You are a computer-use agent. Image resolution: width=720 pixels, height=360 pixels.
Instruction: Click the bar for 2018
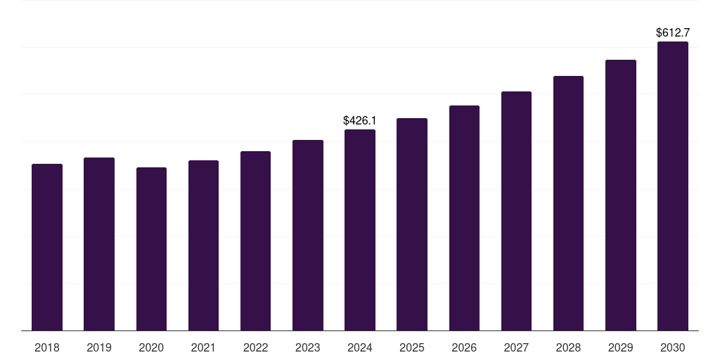tap(47, 247)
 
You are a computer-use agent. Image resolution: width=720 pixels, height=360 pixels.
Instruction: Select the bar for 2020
tap(151, 249)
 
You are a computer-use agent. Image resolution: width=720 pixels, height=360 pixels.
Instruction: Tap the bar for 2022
tap(255, 240)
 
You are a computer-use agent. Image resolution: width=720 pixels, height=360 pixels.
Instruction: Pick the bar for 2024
tap(359, 230)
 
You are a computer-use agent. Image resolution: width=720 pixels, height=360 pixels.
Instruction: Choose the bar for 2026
tap(464, 218)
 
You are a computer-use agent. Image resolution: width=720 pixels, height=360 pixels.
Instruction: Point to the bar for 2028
tap(568, 203)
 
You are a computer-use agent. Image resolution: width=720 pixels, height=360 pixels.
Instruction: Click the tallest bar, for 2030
tap(672, 186)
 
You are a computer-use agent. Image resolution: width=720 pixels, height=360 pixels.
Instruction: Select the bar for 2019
tap(99, 244)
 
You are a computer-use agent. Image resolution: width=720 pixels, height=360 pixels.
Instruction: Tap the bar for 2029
tap(620, 195)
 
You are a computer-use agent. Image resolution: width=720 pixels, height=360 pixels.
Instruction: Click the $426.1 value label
tap(359, 121)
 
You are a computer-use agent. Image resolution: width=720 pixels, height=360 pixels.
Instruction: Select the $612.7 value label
tap(672, 33)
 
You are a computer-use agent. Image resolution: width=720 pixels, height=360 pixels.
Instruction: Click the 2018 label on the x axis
tap(47, 347)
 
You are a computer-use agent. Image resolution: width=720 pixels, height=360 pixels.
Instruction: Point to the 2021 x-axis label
tap(203, 347)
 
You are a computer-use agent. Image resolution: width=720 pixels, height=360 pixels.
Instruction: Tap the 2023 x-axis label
tap(307, 347)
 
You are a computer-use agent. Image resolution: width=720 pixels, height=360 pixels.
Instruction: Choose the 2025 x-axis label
tap(411, 347)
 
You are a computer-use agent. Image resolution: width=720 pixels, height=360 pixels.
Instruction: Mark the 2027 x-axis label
tap(516, 347)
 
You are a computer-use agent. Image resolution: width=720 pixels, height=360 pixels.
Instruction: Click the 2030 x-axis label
tap(672, 347)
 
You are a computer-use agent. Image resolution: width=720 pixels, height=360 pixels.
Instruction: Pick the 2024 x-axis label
tap(359, 347)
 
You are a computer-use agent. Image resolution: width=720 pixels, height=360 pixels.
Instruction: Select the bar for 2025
tap(411, 224)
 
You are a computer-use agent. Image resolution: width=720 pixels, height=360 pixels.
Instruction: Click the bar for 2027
tap(516, 211)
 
